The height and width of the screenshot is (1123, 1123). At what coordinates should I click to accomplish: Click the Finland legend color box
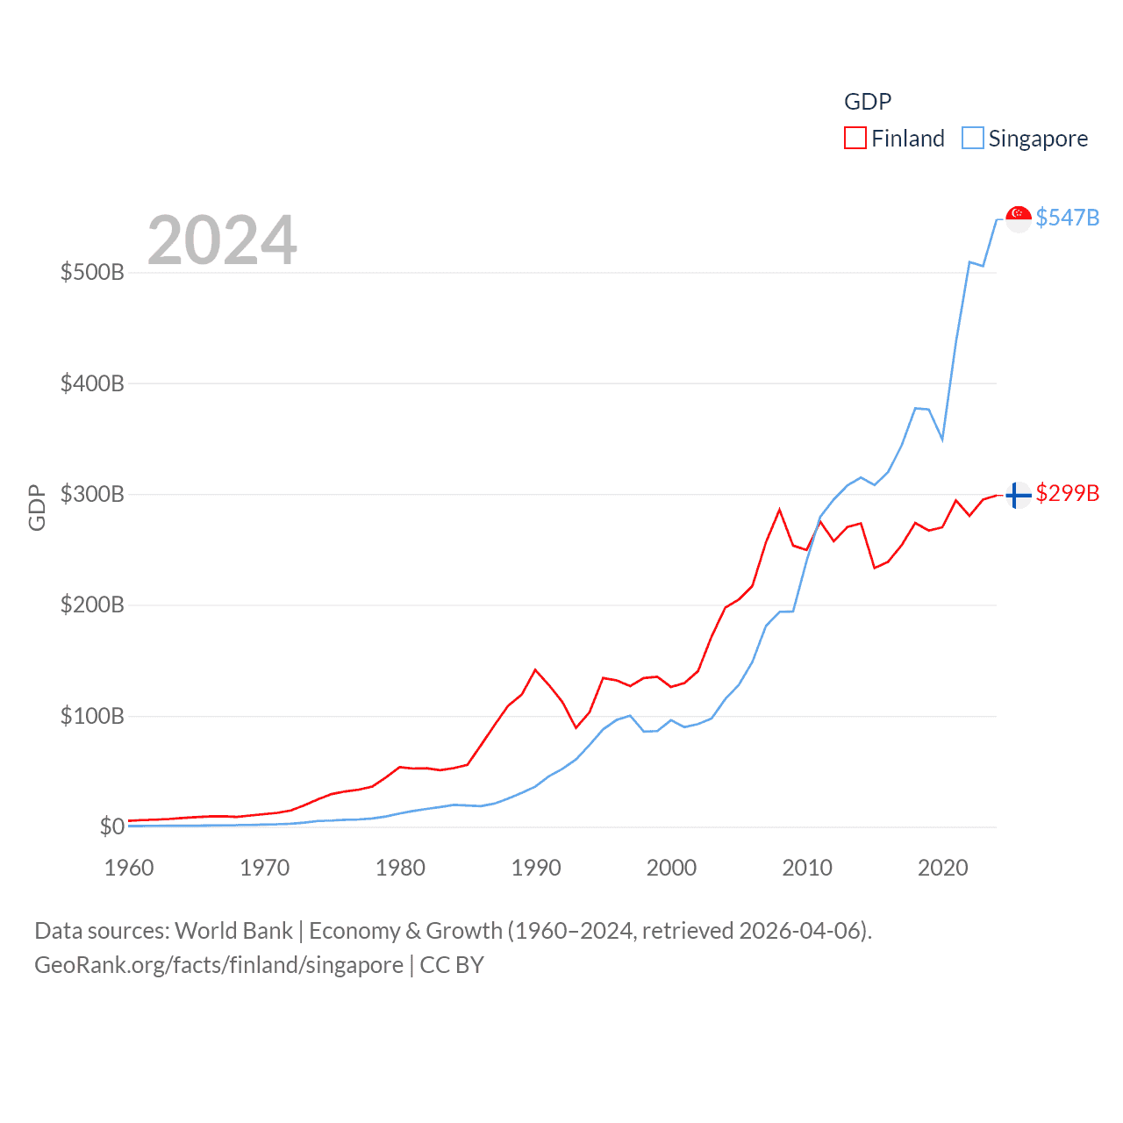(855, 139)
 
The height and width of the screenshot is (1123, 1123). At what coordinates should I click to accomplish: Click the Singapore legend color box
(972, 139)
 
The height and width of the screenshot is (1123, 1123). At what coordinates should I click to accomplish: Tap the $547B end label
(1067, 218)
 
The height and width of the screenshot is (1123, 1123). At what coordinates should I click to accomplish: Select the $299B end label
(1067, 493)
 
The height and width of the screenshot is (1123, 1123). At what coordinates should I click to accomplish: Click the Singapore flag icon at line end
(1018, 218)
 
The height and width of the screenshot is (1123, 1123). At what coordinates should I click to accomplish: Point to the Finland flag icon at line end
(1018, 496)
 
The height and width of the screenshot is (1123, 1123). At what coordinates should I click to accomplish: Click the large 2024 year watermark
(222, 240)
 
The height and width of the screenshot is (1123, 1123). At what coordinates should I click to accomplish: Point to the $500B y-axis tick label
(92, 272)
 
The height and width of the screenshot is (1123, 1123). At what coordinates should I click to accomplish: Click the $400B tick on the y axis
(92, 383)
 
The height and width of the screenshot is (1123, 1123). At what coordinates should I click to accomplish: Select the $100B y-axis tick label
(92, 716)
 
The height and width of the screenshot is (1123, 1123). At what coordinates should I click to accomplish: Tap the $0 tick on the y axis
(111, 826)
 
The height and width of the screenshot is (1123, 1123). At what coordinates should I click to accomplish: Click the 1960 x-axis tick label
(129, 868)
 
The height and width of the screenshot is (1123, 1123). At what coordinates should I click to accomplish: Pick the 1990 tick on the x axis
(536, 868)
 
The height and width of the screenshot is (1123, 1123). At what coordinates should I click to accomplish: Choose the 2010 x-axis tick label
(807, 868)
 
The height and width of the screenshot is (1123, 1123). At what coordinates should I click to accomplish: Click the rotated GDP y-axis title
(37, 507)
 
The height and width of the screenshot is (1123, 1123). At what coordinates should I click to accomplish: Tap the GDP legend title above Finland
(868, 102)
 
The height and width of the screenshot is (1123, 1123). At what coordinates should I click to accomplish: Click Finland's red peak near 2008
(779, 510)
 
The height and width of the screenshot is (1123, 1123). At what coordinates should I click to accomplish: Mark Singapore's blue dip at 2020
(942, 439)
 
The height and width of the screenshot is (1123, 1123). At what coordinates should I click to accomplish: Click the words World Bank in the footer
(233, 930)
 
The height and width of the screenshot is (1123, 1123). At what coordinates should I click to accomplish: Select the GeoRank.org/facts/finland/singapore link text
(218, 965)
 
